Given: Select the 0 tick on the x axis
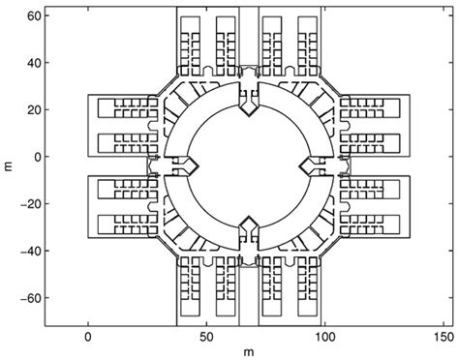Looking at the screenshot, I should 88,338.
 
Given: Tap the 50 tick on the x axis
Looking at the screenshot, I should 206,338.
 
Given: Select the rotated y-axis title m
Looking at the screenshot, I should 9,165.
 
